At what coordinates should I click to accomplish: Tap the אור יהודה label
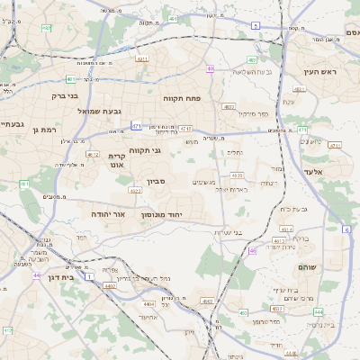(108, 214)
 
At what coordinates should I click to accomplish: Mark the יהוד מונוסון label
(162, 215)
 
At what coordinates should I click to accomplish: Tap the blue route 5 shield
(256, 26)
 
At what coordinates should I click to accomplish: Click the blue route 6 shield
(346, 229)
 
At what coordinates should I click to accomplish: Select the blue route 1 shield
(89, 275)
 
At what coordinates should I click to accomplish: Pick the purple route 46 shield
(253, 251)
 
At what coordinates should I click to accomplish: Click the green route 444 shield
(318, 311)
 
